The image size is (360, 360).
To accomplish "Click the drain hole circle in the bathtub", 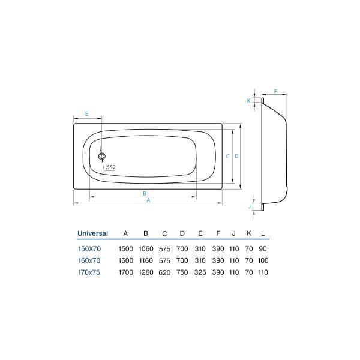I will click(101, 156).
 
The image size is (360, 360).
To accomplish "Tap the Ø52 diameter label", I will click(110, 167).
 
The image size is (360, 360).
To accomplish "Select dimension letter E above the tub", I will click(86, 113).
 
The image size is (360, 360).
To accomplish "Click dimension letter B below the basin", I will click(144, 193).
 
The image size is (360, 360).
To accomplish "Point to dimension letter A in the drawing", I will click(148, 202).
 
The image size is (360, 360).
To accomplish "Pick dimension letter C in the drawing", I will click(227, 156).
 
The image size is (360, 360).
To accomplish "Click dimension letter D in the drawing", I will click(237, 156).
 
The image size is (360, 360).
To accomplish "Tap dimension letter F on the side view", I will click(275, 92).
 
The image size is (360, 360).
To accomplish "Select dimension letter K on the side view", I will click(248, 101).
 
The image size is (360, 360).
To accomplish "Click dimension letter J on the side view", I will click(249, 206).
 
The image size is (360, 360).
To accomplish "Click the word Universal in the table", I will click(92, 233).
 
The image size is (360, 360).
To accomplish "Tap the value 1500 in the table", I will click(125, 248).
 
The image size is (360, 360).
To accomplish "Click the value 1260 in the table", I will click(146, 272).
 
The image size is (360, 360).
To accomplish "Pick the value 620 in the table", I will click(164, 272).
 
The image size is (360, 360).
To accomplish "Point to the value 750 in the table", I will click(182, 272).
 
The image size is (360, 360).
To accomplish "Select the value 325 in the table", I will click(200, 272).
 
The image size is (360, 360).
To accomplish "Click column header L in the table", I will click(263, 233).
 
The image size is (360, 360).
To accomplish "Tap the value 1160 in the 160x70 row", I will click(146, 260).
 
